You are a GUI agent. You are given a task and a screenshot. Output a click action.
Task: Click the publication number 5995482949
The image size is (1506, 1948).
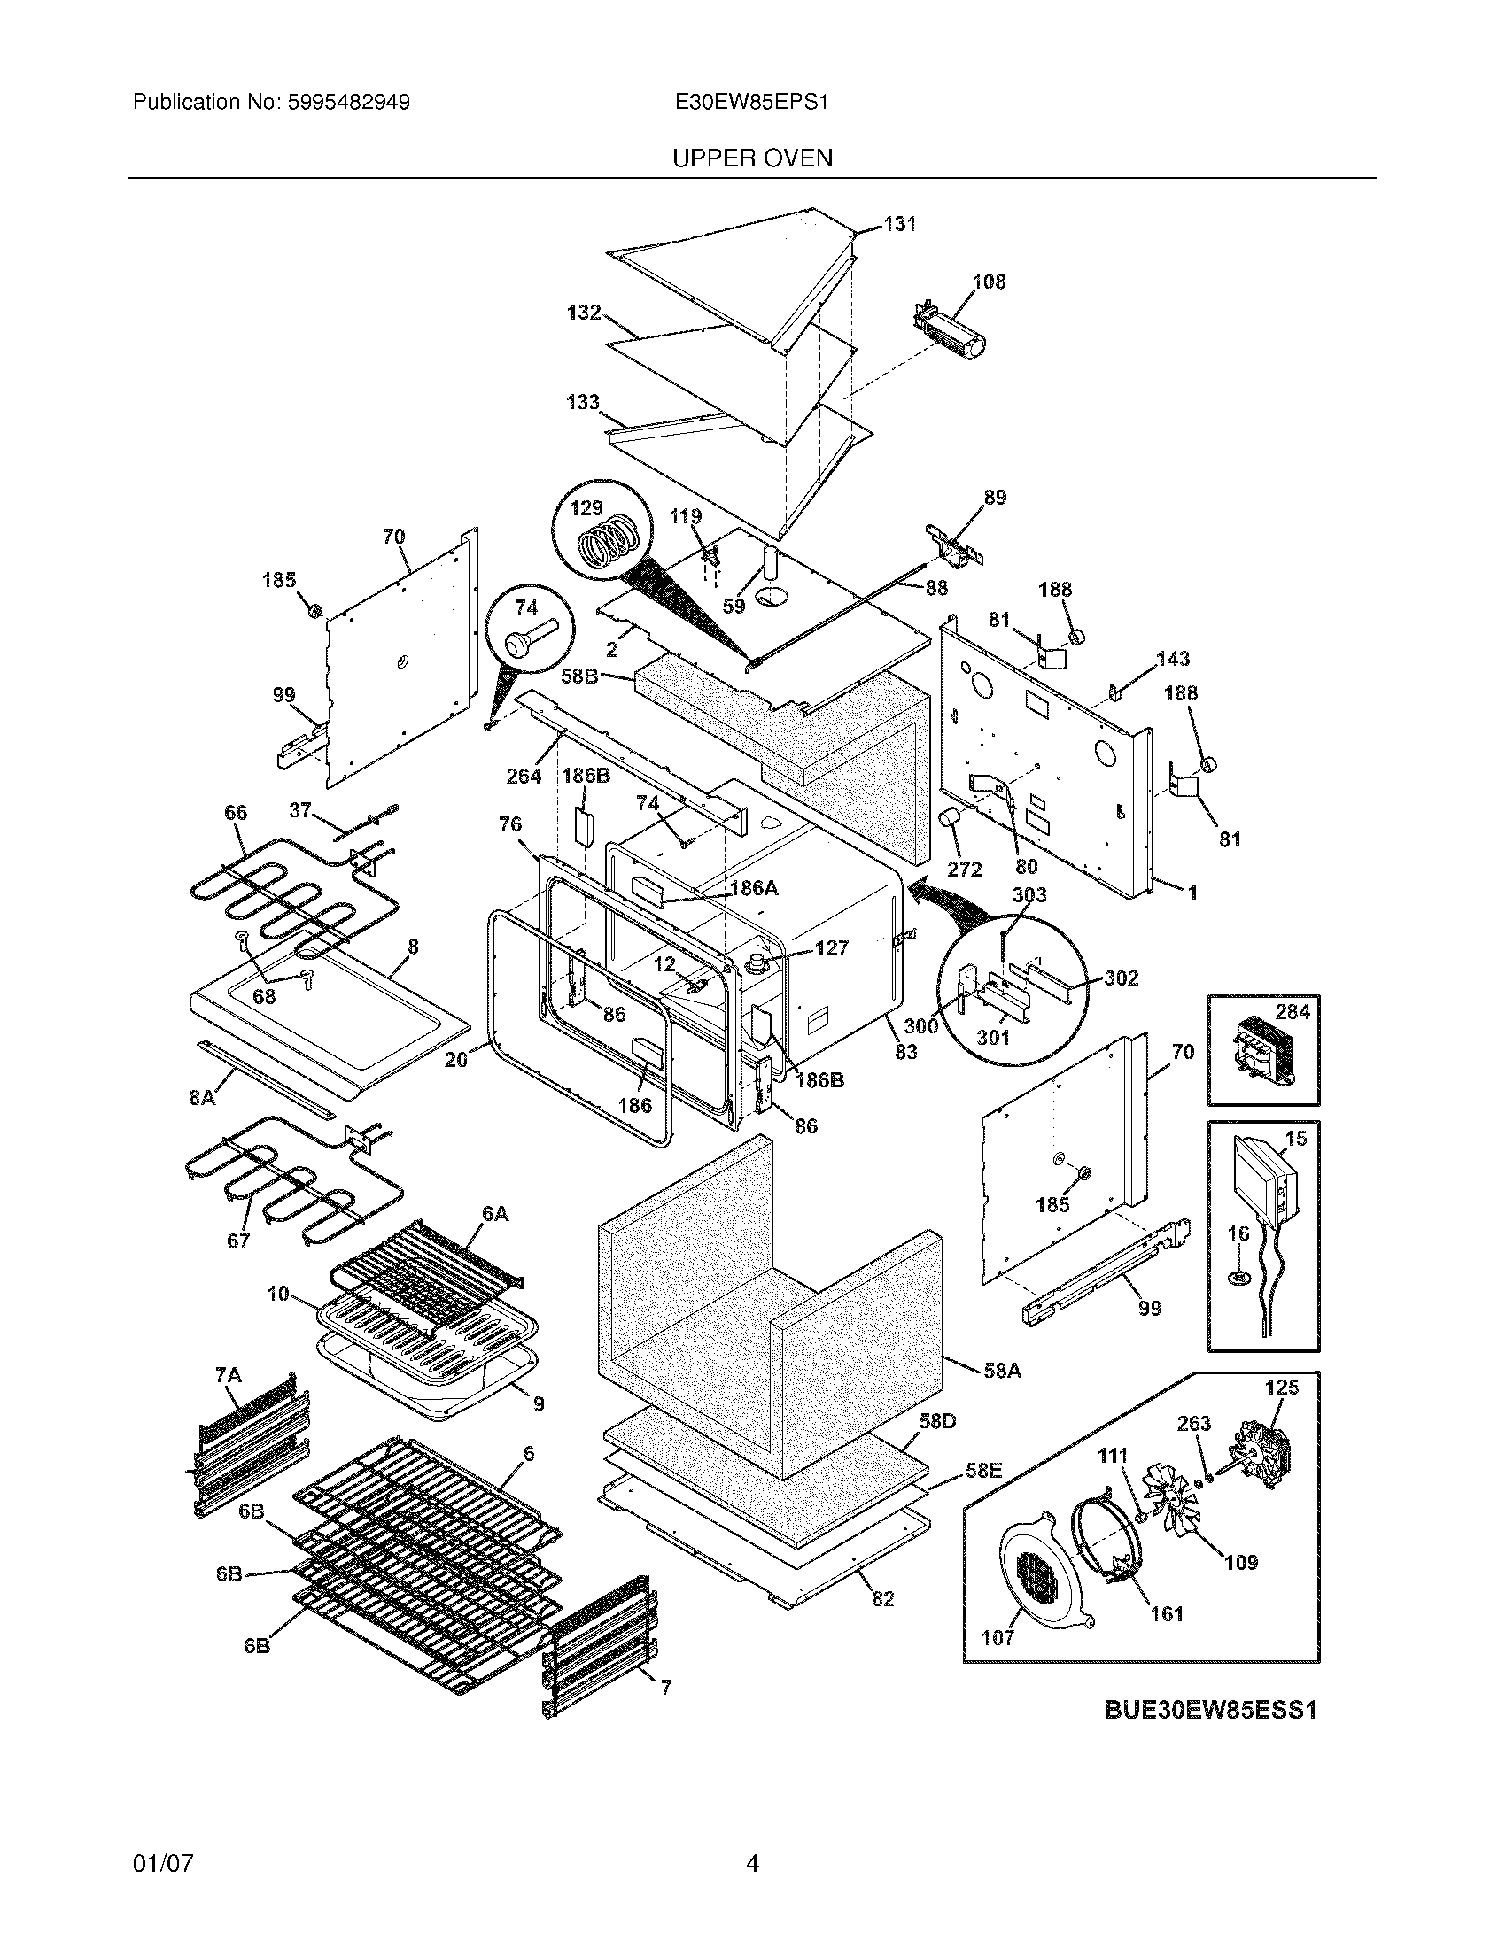[348, 103]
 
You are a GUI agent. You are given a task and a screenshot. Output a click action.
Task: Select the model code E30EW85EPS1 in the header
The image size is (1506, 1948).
[752, 103]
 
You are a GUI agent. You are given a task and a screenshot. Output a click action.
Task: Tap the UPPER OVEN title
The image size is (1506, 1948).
[752, 158]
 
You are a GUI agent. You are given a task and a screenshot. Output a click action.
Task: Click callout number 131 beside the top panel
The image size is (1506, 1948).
[899, 224]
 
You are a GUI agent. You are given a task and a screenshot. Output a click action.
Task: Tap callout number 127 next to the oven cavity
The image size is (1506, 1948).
[831, 948]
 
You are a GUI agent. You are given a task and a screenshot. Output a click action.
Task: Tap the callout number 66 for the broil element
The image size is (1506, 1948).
[236, 813]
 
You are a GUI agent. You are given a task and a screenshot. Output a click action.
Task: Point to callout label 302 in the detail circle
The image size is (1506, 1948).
[1122, 978]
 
